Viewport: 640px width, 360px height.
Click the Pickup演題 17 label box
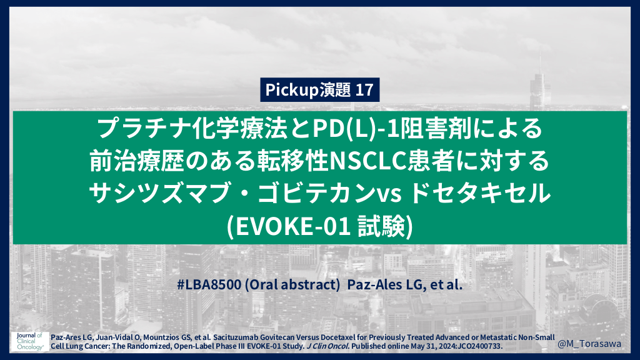click(319, 90)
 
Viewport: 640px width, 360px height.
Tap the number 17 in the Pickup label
click(364, 90)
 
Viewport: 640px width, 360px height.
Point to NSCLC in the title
click(369, 161)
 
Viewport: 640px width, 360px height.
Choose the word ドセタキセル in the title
click(479, 192)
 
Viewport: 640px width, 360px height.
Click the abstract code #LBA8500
click(209, 284)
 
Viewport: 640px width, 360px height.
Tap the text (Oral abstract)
click(292, 284)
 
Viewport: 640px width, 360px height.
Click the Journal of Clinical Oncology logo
click(30, 341)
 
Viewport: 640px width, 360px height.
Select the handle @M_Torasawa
click(589, 344)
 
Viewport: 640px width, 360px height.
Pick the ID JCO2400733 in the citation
click(479, 346)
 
